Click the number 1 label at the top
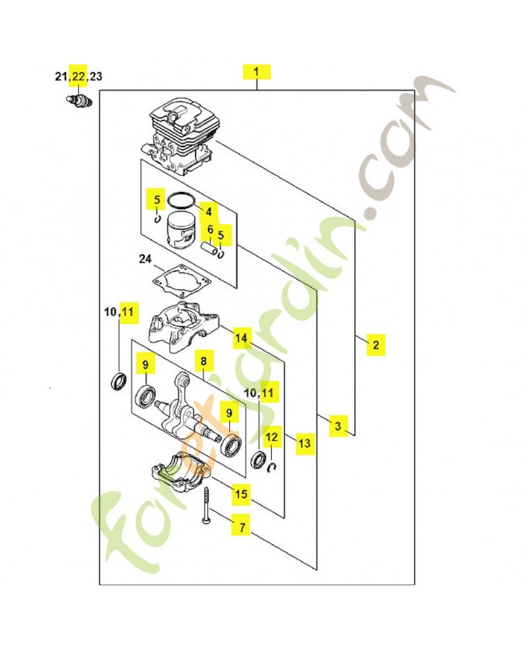(257, 72)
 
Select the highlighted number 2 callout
(374, 345)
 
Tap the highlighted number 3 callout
(337, 425)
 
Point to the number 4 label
(208, 211)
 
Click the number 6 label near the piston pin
(211, 230)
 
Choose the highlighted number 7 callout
(240, 527)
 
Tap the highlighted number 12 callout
(272, 437)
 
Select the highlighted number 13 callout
(304, 443)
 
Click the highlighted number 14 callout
(241, 338)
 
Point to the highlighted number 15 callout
(241, 492)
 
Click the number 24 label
(145, 260)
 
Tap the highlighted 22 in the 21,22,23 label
(78, 77)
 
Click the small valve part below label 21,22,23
(78, 100)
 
